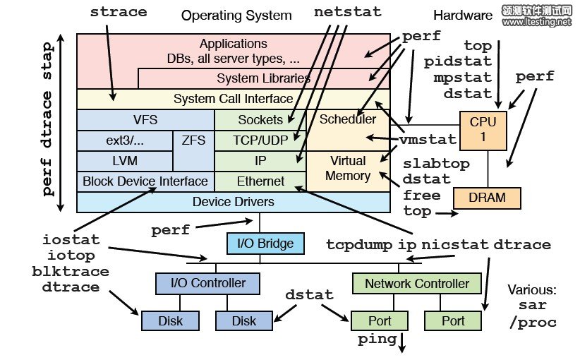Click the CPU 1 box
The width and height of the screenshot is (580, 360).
(483, 130)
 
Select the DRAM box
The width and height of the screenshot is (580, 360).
(487, 198)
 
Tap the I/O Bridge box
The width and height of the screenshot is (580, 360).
(265, 244)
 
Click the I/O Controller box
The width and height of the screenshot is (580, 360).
(208, 284)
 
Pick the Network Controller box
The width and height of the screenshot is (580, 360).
(416, 284)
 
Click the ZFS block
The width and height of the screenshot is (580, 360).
(193, 140)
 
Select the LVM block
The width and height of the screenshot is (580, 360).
(124, 161)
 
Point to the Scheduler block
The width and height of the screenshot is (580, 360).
(348, 120)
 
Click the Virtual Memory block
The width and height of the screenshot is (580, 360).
(348, 168)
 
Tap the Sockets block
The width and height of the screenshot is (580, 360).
(260, 120)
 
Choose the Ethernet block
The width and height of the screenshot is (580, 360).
(260, 181)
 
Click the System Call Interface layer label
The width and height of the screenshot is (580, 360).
(233, 99)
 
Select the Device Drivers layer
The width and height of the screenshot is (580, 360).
(233, 202)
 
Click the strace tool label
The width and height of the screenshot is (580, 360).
(119, 12)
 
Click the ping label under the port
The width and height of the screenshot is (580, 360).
(377, 340)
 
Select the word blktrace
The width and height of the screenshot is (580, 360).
(71, 271)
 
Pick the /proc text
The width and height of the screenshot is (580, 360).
(532, 323)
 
